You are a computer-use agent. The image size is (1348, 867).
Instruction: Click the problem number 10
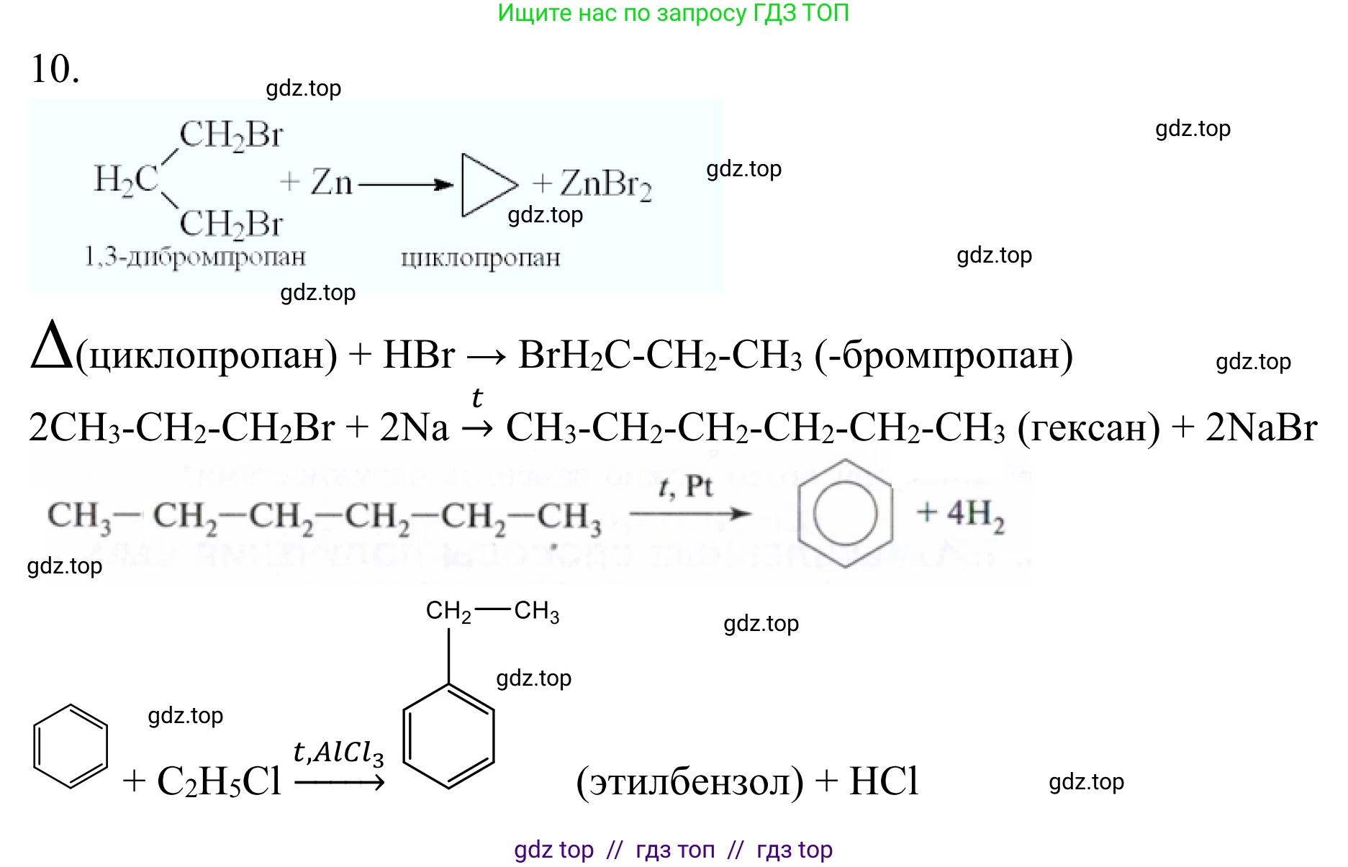(x=54, y=69)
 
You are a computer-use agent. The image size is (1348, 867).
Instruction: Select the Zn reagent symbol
(x=331, y=182)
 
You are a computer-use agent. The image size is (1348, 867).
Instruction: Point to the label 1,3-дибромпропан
(x=195, y=257)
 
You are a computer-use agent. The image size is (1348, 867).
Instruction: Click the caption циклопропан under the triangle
(x=480, y=258)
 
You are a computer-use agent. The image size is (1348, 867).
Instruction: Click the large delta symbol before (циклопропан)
(x=52, y=347)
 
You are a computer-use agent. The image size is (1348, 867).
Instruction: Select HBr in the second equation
(x=419, y=355)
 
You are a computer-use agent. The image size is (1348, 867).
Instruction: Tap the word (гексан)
(x=1088, y=427)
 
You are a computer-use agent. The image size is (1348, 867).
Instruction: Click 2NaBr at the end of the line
(x=1261, y=427)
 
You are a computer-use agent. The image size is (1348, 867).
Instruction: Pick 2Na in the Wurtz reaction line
(x=414, y=427)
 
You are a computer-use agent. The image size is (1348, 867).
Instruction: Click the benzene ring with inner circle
(x=845, y=514)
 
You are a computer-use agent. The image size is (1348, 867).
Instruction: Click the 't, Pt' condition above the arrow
(x=685, y=487)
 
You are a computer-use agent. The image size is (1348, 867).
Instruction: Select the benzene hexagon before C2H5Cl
(x=71, y=746)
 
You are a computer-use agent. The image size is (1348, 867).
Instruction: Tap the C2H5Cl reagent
(x=219, y=781)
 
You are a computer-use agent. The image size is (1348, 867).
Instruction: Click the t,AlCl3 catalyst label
(x=338, y=753)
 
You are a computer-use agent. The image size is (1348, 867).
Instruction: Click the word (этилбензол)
(x=689, y=781)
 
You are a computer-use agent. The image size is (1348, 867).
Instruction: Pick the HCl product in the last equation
(x=884, y=781)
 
